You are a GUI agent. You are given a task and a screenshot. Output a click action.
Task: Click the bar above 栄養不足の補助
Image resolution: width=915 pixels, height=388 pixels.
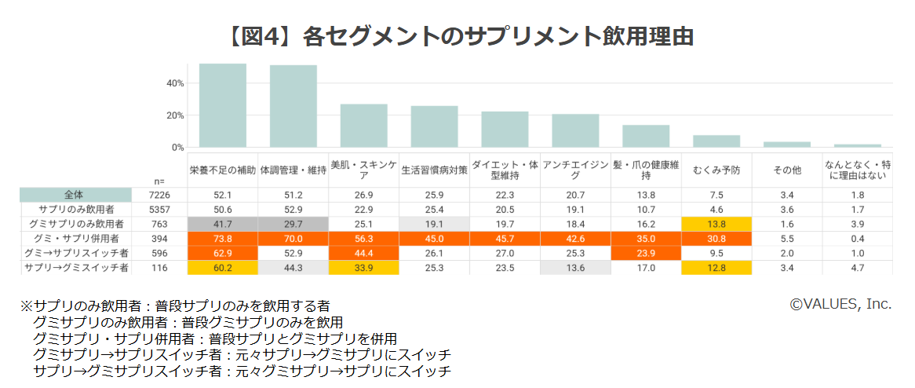pyautogui.click(x=223, y=105)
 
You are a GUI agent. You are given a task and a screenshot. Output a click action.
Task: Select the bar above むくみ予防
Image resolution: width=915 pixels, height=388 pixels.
pyautogui.click(x=716, y=141)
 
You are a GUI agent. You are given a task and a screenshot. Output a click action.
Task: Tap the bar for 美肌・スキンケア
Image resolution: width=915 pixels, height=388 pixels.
pyautogui.click(x=364, y=126)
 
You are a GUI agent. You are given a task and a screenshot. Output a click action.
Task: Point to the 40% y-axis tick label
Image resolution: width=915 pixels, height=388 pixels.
pyautogui.click(x=175, y=83)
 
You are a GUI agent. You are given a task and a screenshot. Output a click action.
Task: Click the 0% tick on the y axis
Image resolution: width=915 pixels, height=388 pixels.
pyautogui.click(x=178, y=148)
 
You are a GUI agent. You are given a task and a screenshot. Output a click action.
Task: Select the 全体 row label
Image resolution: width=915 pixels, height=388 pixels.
pyautogui.click(x=75, y=195)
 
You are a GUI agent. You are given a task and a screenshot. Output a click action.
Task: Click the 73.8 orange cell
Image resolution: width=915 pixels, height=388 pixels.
pyautogui.click(x=223, y=239)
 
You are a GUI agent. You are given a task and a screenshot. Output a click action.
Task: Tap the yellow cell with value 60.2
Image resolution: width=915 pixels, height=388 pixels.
pyautogui.click(x=223, y=268)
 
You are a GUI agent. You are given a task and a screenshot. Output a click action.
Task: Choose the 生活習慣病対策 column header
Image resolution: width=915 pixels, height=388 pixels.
pyautogui.click(x=435, y=170)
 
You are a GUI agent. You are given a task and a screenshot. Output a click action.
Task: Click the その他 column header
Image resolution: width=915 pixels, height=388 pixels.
pyautogui.click(x=787, y=170)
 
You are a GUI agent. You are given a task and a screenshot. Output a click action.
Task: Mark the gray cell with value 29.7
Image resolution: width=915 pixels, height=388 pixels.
pyautogui.click(x=293, y=224)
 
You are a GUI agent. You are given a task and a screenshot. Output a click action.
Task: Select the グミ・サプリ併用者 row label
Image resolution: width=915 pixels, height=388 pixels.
pyautogui.click(x=75, y=239)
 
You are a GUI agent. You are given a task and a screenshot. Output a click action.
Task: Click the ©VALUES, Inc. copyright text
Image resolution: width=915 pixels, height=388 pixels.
pyautogui.click(x=840, y=304)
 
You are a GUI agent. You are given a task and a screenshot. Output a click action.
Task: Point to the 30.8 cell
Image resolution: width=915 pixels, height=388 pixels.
pyautogui.click(x=716, y=239)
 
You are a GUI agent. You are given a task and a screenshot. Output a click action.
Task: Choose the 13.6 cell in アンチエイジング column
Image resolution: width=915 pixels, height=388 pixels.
pyautogui.click(x=575, y=268)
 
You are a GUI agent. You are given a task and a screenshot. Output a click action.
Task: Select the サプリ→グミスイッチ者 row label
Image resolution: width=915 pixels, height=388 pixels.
pyautogui.click(x=75, y=268)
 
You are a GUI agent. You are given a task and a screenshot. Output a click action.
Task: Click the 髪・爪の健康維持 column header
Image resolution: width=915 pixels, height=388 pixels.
pyautogui.click(x=646, y=170)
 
